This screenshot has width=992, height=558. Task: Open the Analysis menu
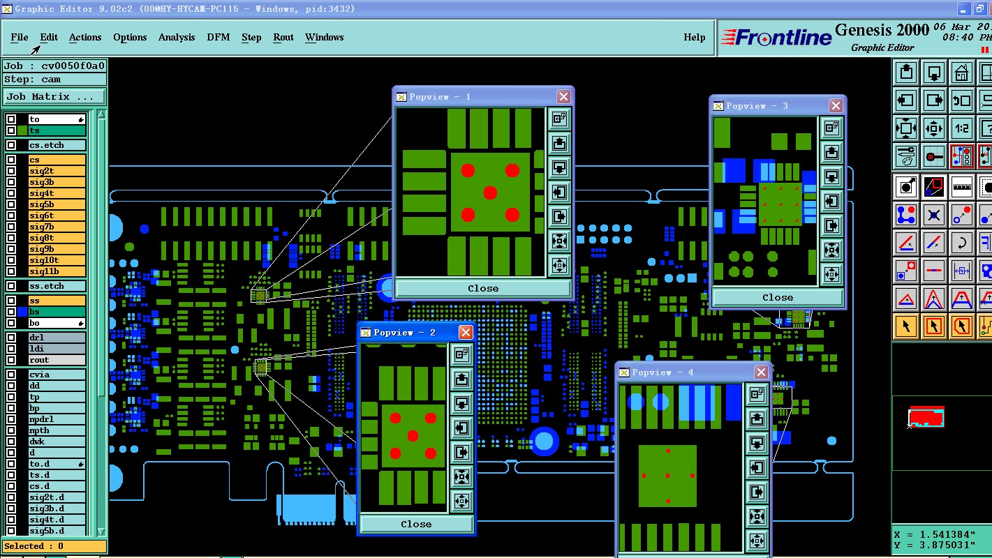(x=176, y=37)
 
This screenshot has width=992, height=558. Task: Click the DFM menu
(x=218, y=37)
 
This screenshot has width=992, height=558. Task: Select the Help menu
(x=694, y=37)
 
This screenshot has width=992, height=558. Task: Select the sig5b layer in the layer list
(x=57, y=204)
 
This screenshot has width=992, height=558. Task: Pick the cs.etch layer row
(x=57, y=145)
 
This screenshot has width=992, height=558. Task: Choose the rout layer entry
(x=57, y=360)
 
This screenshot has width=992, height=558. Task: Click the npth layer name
(x=39, y=430)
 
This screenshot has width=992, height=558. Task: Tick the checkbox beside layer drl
(x=11, y=337)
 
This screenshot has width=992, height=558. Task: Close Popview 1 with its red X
(x=563, y=96)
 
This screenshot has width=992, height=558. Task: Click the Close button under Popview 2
(x=416, y=524)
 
